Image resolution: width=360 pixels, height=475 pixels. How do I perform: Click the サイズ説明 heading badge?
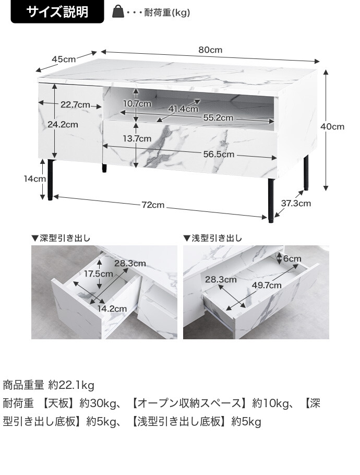57,12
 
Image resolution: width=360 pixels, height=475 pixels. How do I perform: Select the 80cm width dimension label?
210,50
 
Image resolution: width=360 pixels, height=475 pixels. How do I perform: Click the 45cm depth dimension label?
63,59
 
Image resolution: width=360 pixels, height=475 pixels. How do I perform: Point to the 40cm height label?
332,127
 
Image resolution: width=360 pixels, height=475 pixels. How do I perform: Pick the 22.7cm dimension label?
75,104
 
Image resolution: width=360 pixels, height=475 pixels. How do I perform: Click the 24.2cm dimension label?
63,125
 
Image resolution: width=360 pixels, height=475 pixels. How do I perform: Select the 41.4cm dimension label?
183,109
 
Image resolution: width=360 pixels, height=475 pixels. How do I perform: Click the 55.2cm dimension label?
218,118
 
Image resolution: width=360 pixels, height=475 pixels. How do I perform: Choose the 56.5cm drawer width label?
219,155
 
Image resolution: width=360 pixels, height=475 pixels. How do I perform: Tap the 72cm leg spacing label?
153,205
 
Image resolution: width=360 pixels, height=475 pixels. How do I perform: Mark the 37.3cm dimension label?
296,204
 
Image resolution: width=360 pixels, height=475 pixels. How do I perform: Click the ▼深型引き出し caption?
61,239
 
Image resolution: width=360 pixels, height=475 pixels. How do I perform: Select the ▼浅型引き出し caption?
212,239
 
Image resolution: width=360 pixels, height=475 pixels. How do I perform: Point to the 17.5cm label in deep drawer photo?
99,274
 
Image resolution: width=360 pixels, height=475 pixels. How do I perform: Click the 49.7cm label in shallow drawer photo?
267,285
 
